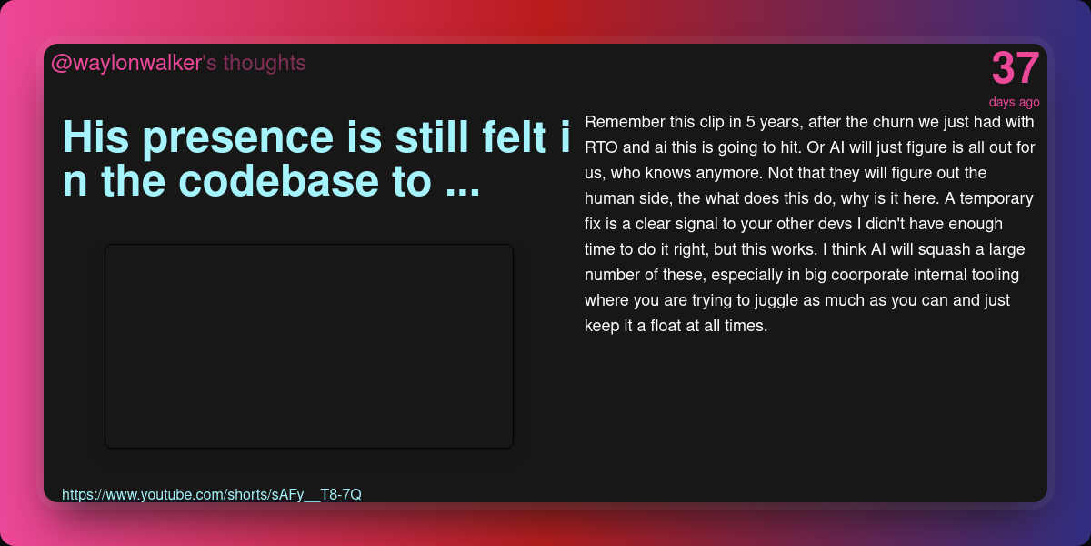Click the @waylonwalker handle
(126, 64)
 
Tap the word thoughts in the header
(265, 63)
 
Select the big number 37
(1015, 68)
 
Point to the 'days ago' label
(1014, 102)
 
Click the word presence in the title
(238, 138)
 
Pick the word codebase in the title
(278, 181)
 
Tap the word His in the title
(96, 137)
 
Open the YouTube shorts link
(211, 494)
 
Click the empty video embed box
(309, 346)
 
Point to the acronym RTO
(601, 147)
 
